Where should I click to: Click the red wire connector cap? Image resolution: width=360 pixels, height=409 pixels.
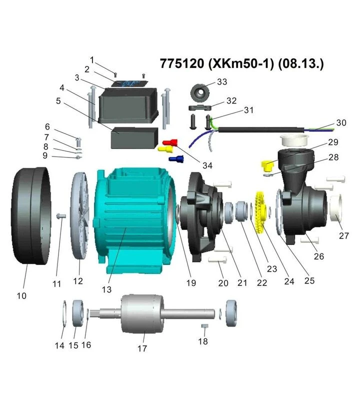pos(170,142)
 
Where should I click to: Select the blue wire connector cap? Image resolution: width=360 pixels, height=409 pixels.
pos(176,158)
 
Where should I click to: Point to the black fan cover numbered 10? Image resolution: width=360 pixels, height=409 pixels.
pos(31,215)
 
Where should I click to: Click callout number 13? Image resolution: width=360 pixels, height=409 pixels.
pos(106,289)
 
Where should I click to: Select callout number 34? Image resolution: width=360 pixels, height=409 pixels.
pos(207,165)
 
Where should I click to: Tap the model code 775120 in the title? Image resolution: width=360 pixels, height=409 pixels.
pos(182,63)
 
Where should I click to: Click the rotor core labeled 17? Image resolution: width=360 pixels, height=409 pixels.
pos(142,314)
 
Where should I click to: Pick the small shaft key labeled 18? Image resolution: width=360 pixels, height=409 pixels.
pos(204,326)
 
